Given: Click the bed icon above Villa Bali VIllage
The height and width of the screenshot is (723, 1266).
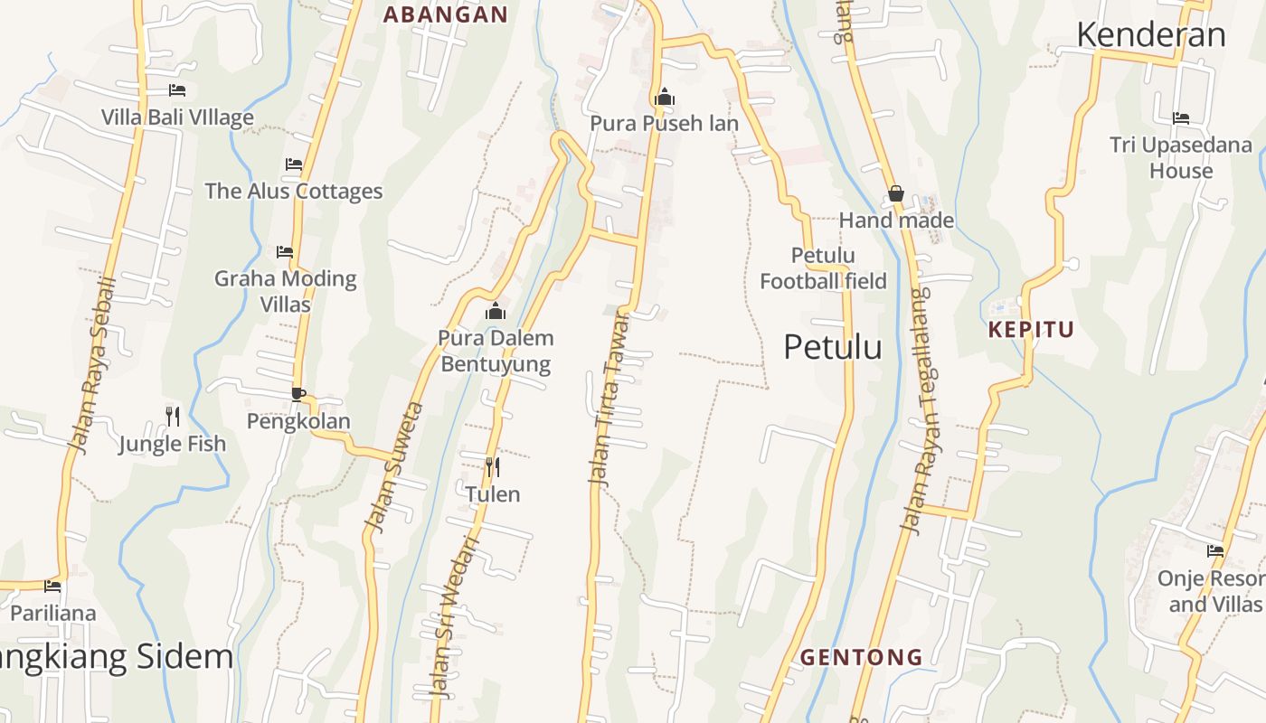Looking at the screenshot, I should (x=177, y=90).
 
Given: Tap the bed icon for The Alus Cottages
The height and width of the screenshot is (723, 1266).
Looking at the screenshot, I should (x=294, y=164).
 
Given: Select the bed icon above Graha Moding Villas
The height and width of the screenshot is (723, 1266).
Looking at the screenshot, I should (x=285, y=252).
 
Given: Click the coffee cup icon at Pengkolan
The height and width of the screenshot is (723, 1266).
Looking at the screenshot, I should (x=298, y=394).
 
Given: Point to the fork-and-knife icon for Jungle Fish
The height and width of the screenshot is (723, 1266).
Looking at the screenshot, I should (x=173, y=417).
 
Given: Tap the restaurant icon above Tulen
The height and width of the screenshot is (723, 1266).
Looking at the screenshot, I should (x=493, y=467).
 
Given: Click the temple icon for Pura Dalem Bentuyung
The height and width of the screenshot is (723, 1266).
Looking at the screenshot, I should (x=496, y=312).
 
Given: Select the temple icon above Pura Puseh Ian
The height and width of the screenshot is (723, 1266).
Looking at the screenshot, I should (x=665, y=97).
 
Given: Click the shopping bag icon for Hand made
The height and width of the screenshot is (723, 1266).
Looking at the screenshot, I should (x=896, y=193).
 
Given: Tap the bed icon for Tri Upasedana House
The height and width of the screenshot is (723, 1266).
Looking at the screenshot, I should (x=1181, y=118).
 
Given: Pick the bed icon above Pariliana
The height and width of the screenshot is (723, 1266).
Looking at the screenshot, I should (x=52, y=587).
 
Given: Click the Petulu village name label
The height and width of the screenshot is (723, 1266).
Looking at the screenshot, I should (x=832, y=347).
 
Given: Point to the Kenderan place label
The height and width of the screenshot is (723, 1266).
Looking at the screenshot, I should (x=1151, y=34).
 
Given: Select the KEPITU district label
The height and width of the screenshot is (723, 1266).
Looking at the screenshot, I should (x=1031, y=330).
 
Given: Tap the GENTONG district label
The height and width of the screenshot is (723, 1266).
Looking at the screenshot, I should (x=862, y=657).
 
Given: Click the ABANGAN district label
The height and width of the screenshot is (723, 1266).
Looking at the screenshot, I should (x=446, y=14).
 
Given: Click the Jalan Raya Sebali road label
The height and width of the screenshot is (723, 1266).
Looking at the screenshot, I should (x=94, y=366).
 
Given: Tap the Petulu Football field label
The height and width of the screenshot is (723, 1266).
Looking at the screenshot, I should (x=823, y=268).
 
